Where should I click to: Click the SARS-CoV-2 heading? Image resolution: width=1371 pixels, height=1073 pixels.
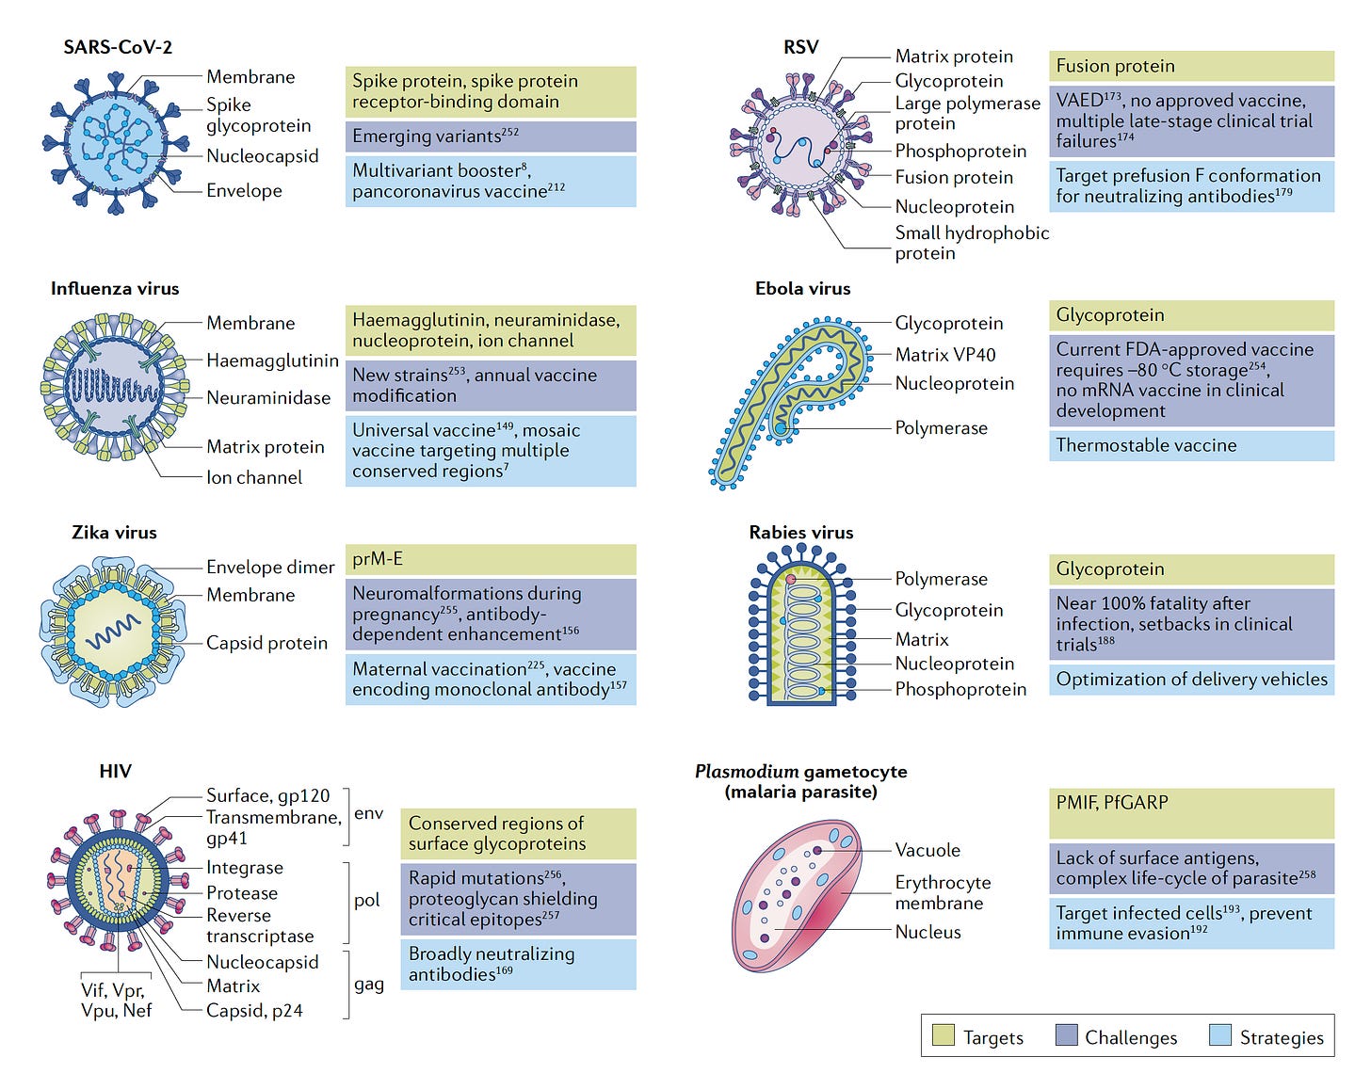click(118, 47)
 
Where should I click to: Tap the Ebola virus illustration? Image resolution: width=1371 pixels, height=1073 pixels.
click(789, 400)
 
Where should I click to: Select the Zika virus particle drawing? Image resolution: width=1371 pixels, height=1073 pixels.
click(114, 630)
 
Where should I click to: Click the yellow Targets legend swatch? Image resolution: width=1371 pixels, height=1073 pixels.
click(943, 1035)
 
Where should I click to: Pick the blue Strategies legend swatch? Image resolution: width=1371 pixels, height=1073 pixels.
click(1219, 1035)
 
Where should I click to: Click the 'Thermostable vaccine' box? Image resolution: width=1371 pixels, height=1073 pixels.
click(1191, 445)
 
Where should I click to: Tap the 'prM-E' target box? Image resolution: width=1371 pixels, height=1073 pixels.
click(490, 559)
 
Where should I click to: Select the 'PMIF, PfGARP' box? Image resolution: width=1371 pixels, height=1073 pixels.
click(1191, 813)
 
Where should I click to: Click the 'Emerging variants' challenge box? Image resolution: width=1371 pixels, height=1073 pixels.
click(490, 136)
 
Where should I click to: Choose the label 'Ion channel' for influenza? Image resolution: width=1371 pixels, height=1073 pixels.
click(254, 477)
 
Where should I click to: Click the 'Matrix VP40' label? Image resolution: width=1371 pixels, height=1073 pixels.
click(944, 355)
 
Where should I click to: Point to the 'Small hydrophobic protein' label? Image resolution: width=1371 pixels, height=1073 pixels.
click(971, 243)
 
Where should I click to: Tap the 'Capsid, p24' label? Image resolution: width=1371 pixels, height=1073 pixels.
click(254, 1011)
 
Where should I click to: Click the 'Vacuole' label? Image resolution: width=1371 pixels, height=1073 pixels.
click(927, 850)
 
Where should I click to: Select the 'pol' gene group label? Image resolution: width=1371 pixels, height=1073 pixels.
click(367, 900)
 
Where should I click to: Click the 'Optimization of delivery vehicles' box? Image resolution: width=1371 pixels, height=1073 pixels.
click(1191, 680)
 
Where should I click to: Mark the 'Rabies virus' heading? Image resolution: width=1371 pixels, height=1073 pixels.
click(800, 533)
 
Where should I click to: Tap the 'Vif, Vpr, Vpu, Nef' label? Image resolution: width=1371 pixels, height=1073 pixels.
click(116, 1000)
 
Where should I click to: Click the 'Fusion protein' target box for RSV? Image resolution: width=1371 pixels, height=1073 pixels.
click(1191, 66)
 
